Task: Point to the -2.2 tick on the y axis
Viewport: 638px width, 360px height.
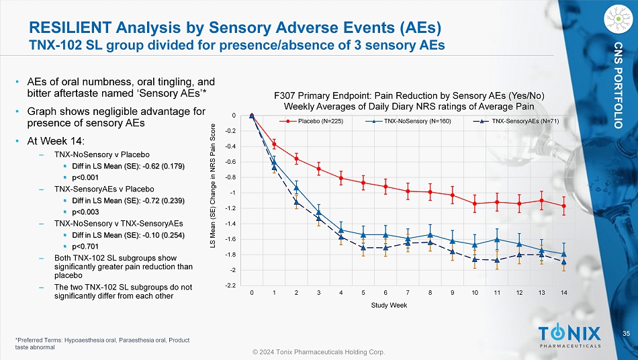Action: tap(230, 286)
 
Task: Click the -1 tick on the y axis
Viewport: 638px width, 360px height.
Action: tap(232, 193)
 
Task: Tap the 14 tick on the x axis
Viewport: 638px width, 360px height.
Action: tap(563, 294)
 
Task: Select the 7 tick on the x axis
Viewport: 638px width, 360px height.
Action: tap(408, 294)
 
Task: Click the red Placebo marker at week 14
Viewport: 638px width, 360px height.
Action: tap(563, 206)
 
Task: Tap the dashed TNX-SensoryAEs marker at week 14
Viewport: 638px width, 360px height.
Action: tap(563, 262)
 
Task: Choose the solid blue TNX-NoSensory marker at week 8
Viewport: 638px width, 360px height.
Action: tap(430, 234)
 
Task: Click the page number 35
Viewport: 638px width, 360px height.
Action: tap(626, 334)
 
